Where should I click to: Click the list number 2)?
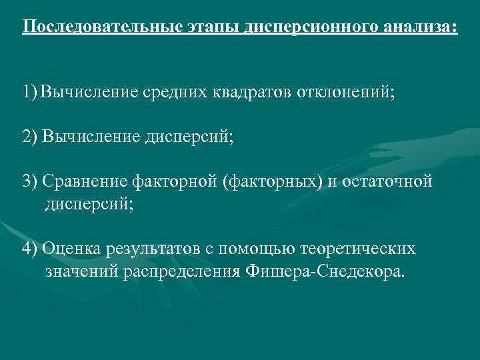coord(30,137)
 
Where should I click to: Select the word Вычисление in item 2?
coord(91,137)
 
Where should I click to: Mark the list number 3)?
coord(30,183)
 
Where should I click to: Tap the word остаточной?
coord(387,183)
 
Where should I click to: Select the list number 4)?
coord(30,249)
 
